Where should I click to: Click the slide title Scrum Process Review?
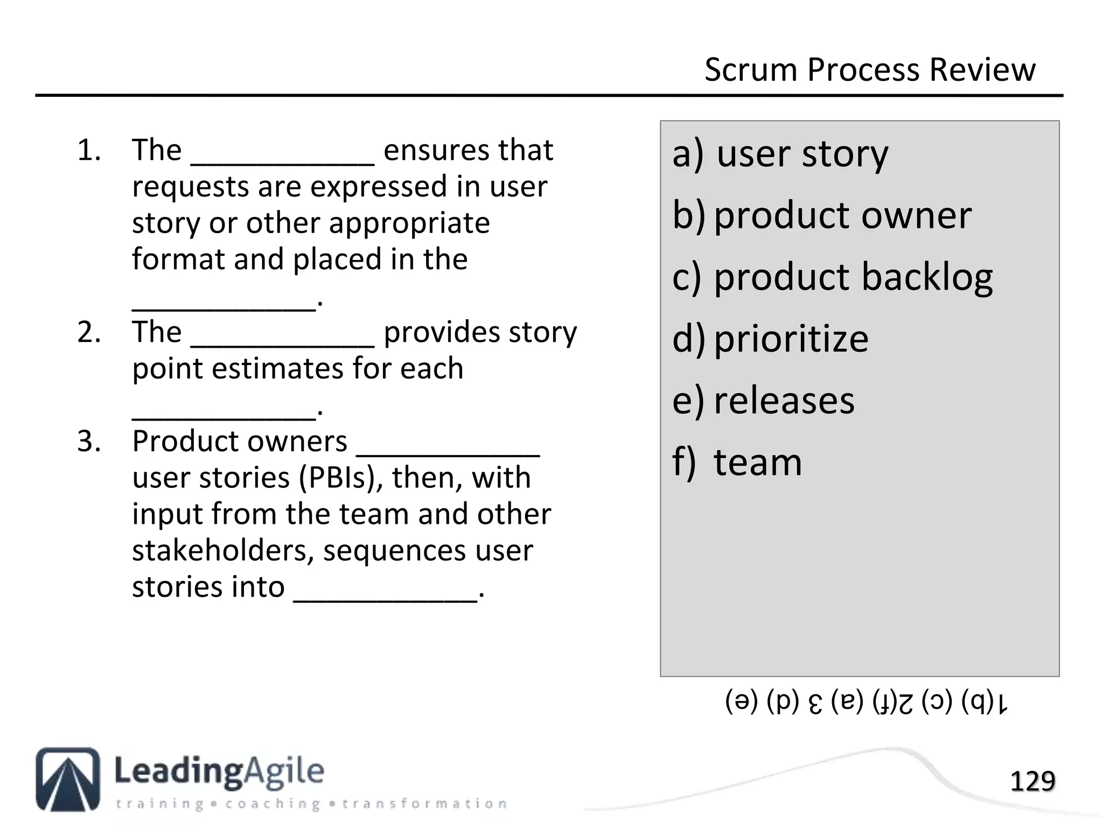click(x=869, y=70)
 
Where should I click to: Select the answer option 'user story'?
click(x=802, y=155)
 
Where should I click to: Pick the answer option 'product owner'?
click(x=842, y=216)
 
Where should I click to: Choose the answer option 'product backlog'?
click(x=853, y=278)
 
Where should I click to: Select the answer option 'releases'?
click(x=784, y=401)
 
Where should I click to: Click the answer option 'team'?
click(x=757, y=462)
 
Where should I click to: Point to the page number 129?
click(x=1032, y=781)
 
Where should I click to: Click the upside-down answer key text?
click(x=866, y=702)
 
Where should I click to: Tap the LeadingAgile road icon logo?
click(x=68, y=779)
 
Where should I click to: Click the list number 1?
click(x=89, y=150)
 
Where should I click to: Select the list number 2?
click(x=89, y=332)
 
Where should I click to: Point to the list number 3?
click(x=89, y=441)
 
